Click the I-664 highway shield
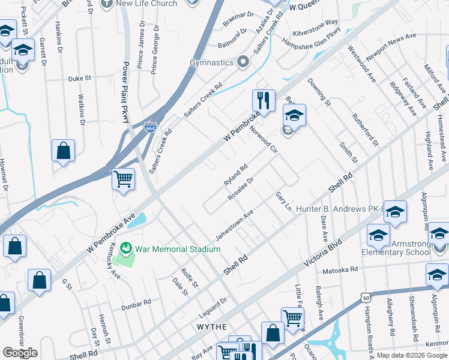click(x=151, y=128)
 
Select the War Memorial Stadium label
click(x=169, y=249)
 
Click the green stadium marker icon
click(x=125, y=247)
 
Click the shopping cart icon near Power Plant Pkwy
click(x=123, y=178)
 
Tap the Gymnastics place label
click(x=211, y=62)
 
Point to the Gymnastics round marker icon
click(x=243, y=62)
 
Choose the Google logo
click(x=20, y=352)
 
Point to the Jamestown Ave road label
click(x=235, y=225)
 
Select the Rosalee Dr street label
click(x=241, y=188)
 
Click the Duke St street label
click(x=79, y=78)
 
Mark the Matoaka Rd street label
click(x=340, y=271)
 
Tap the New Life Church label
click(x=147, y=4)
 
